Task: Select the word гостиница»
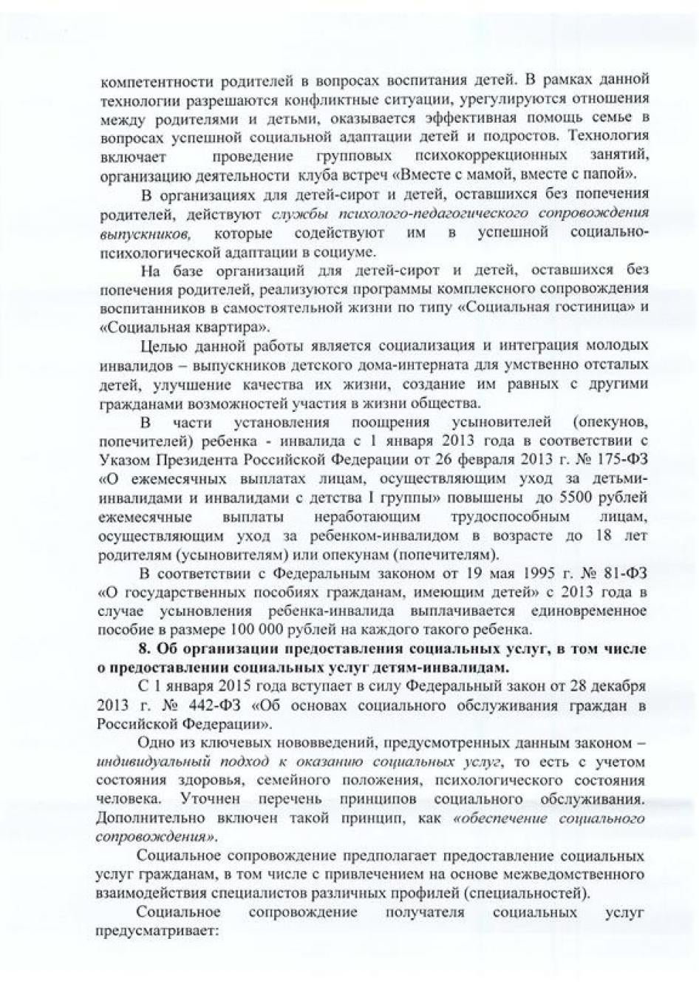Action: pyautogui.click(x=584, y=308)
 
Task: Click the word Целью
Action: pyautogui.click(x=160, y=345)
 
